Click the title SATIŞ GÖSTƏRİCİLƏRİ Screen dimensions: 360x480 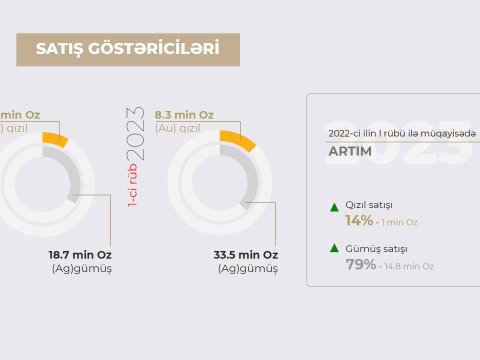point(127,49)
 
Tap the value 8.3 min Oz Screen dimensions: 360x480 point(184,115)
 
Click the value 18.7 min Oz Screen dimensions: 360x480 point(80,254)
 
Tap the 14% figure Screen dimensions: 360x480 point(359,220)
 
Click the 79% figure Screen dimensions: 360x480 point(360,265)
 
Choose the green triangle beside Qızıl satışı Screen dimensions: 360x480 point(334,207)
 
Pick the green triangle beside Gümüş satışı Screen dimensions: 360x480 point(334,248)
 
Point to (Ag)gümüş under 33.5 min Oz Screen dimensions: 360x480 point(248,269)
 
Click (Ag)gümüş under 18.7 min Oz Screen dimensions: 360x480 point(81,269)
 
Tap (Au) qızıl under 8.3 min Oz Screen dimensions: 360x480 point(184,129)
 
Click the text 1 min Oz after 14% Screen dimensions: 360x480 point(399,221)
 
